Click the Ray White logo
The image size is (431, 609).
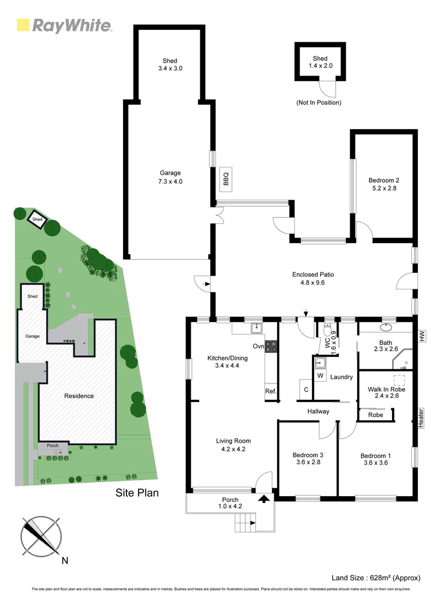64,25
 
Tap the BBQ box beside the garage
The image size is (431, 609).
226,179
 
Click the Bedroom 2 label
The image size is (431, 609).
384,180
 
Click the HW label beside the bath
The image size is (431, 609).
421,336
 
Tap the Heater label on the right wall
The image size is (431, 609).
421,418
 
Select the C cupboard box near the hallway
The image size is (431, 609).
306,389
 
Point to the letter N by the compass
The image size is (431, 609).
64,561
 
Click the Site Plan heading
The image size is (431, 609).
137,493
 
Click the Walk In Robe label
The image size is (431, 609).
386,389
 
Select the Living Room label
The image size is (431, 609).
233,441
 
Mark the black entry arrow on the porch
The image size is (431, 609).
263,498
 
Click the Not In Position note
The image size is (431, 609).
319,103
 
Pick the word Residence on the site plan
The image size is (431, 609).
78,396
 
